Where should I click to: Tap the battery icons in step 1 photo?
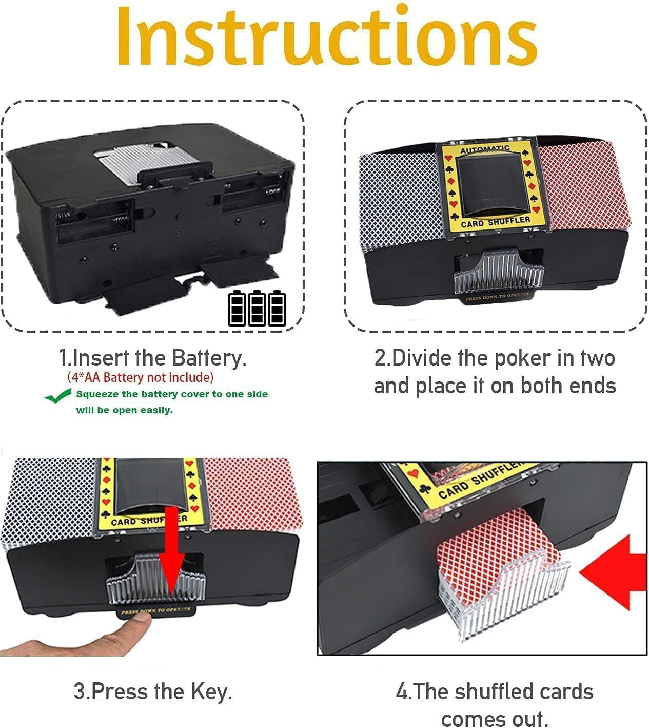(257, 308)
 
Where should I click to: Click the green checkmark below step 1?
(57, 396)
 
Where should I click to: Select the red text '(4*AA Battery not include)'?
(140, 377)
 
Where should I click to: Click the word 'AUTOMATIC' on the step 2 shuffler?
(485, 149)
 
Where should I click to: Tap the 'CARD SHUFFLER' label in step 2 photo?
(495, 221)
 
